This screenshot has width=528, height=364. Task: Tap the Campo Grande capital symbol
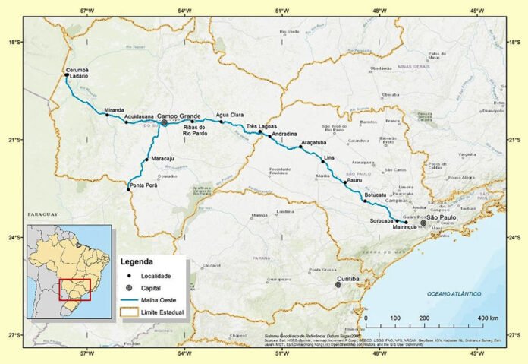pos(164,122)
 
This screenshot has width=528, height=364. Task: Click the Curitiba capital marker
pos(340,286)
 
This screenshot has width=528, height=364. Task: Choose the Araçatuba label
pos(313,142)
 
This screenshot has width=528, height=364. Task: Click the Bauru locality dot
pos(345,182)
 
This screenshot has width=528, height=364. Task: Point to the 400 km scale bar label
pos(489,318)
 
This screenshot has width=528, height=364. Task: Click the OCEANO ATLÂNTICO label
pos(457,293)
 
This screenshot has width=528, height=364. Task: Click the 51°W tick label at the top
pos(282,11)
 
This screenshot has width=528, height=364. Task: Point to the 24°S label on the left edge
pos(14,237)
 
